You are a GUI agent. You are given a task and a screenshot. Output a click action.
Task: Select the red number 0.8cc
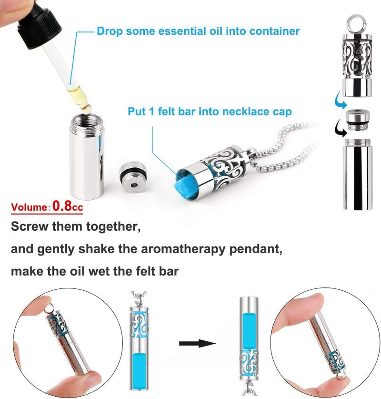(x=68, y=206)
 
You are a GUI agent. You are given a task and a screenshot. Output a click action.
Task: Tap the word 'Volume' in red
(x=29, y=207)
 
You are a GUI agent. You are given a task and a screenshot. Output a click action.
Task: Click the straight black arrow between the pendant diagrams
(x=197, y=343)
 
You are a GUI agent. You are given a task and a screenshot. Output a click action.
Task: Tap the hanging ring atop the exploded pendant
(x=357, y=23)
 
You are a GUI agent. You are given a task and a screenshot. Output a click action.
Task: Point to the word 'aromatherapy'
(x=183, y=249)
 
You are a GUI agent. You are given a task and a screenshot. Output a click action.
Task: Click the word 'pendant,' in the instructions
(x=256, y=249)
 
